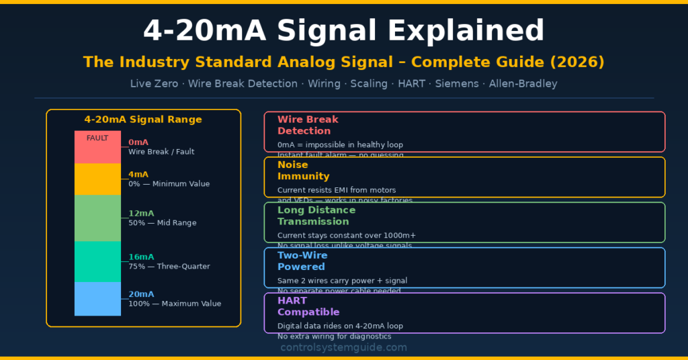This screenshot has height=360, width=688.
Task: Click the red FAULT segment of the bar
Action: coord(97,147)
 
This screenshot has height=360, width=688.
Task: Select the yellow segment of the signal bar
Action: coord(97,179)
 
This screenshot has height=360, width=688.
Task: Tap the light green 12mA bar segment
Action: coord(97,218)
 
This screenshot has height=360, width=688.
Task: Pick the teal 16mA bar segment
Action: coord(97,261)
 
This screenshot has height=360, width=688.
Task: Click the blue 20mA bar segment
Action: coord(97,298)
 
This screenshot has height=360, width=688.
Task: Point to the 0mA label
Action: coord(138,142)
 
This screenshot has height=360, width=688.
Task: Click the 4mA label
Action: coord(138,174)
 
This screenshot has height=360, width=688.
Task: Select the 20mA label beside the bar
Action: coord(141,294)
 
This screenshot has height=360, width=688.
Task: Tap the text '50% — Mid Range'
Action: coord(163,223)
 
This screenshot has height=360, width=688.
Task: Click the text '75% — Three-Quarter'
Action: coord(169,267)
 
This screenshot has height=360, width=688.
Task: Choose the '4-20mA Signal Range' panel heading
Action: coord(142,120)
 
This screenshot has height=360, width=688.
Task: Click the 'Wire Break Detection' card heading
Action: coord(308,125)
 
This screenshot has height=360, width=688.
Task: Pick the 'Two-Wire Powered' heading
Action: coord(302,261)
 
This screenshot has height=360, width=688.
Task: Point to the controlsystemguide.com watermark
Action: coord(343,347)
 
